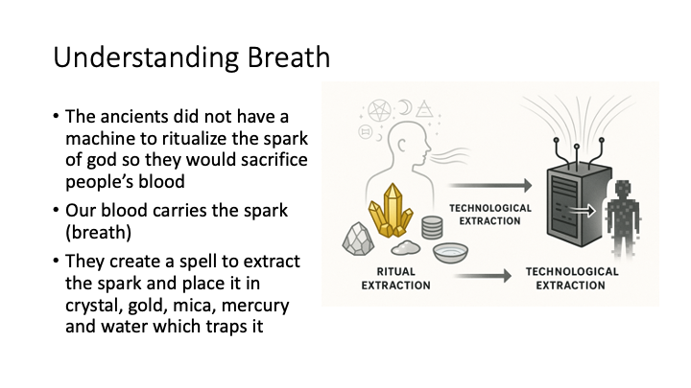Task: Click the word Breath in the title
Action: (x=288, y=57)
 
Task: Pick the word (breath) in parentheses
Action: (x=98, y=232)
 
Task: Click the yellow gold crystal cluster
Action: (x=391, y=210)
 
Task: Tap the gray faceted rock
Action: (x=358, y=239)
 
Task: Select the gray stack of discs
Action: (x=432, y=227)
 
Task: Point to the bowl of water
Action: (x=450, y=252)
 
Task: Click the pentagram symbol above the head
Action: (x=379, y=111)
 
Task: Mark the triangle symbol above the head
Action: (x=424, y=108)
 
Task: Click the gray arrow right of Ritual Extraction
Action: (x=484, y=276)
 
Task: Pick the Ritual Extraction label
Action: (x=395, y=279)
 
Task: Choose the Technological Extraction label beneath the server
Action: (x=572, y=279)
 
